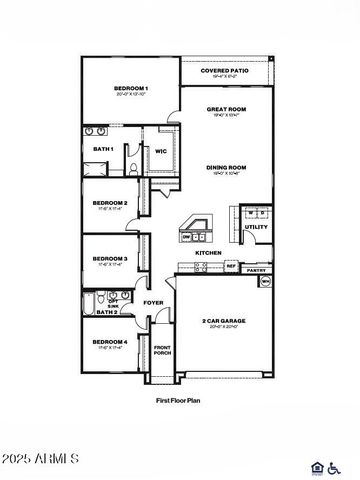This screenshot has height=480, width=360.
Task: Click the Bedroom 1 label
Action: (x=131, y=89)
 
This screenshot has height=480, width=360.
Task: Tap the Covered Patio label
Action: (x=226, y=71)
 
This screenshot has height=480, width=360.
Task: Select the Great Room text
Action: (x=226, y=109)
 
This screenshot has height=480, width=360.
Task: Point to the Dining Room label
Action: (x=226, y=168)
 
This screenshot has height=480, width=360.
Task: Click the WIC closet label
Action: (x=160, y=151)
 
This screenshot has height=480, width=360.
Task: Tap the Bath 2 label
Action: (x=107, y=312)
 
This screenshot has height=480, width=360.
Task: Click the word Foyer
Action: (x=153, y=301)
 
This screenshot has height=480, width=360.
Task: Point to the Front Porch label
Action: (x=162, y=350)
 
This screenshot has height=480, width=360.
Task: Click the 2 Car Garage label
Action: (x=224, y=321)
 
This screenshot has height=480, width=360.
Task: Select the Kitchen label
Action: (x=208, y=253)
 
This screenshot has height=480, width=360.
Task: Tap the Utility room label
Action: (x=256, y=227)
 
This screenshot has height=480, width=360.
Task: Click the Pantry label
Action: (x=256, y=269)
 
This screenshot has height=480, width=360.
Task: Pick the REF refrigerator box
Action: (x=230, y=266)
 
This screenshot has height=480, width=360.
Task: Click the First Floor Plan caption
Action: (x=180, y=399)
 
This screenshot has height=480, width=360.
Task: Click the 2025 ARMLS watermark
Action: (x=40, y=458)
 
